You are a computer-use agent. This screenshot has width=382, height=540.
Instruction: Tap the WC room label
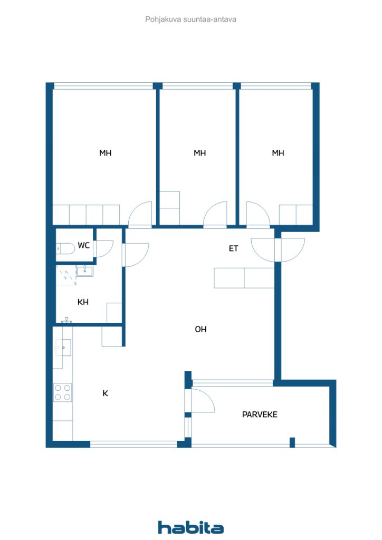pyautogui.click(x=83, y=245)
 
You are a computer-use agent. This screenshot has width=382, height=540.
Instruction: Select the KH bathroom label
pyautogui.click(x=83, y=302)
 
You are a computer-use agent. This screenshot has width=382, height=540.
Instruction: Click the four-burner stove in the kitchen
pyautogui.click(x=63, y=392)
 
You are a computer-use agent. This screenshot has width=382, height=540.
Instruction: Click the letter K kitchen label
pyautogui.click(x=105, y=393)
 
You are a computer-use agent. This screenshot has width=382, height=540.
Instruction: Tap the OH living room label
pyautogui.click(x=200, y=329)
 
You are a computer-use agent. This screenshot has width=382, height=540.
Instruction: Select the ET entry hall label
pyautogui.click(x=233, y=248)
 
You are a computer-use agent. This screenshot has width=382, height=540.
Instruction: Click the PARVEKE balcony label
pyautogui.click(x=260, y=414)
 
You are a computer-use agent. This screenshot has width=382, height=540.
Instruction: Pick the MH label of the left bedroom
pyautogui.click(x=106, y=153)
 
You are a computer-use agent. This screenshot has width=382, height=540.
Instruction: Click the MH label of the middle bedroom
pyautogui.click(x=199, y=153)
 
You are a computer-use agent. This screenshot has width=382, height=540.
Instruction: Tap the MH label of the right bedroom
pyautogui.click(x=278, y=153)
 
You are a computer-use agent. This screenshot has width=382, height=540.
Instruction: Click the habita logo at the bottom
pyautogui.click(x=191, y=527)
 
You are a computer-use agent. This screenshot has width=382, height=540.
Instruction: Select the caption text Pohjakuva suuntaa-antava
pyautogui.click(x=191, y=19)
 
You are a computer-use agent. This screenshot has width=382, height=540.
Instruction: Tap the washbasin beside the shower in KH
pyautogui.click(x=84, y=271)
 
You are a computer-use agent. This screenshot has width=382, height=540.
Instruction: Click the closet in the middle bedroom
pyautogui.click(x=170, y=208)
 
